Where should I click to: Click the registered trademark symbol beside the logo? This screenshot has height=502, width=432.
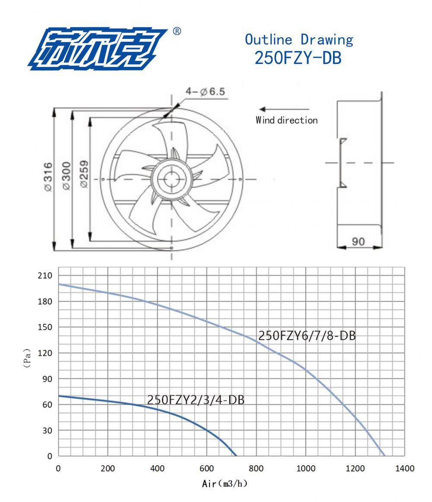coord(177,31)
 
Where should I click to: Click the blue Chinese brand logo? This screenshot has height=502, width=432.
coord(98,49)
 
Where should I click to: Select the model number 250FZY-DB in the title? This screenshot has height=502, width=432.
coord(298,58)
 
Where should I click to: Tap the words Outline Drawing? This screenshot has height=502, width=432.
coord(299,40)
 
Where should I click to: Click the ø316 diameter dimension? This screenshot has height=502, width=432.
coord(48,177)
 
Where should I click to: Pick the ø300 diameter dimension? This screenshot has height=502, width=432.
coord(67,176)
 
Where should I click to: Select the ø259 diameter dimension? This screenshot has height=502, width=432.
coord(84,174)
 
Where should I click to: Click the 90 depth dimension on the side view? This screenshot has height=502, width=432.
coord(358,241)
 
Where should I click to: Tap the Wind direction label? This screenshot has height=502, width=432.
coord(286,120)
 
